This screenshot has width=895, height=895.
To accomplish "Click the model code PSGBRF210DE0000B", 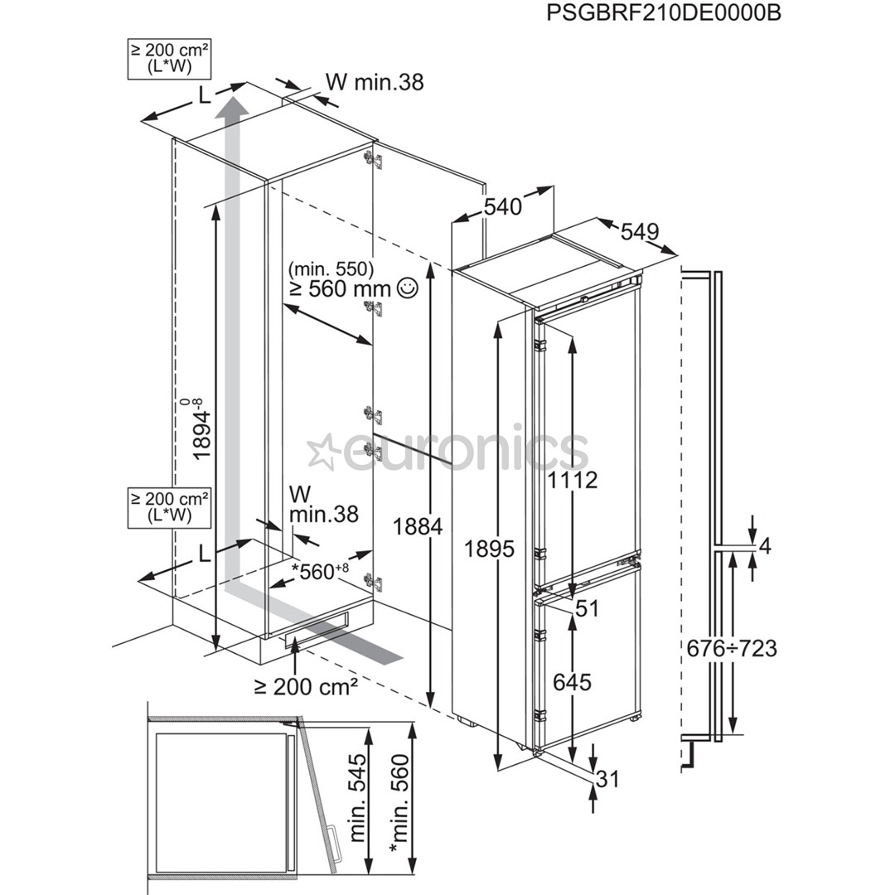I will click(663, 14).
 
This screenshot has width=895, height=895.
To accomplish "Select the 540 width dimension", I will click(503, 206).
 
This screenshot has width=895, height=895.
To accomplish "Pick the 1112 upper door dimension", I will click(572, 480).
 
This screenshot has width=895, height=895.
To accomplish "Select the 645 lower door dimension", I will click(572, 682).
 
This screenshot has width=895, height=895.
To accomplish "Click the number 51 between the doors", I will click(587, 608).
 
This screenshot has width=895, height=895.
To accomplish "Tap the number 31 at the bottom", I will click(607, 779).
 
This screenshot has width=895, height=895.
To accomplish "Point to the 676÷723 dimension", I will click(732, 647).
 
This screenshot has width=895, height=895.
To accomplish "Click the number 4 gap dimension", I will click(765, 546).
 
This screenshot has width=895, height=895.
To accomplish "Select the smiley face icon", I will click(407, 288).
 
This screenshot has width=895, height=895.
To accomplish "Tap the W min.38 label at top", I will click(374, 82).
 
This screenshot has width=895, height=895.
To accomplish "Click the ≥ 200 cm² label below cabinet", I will click(306, 686).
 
